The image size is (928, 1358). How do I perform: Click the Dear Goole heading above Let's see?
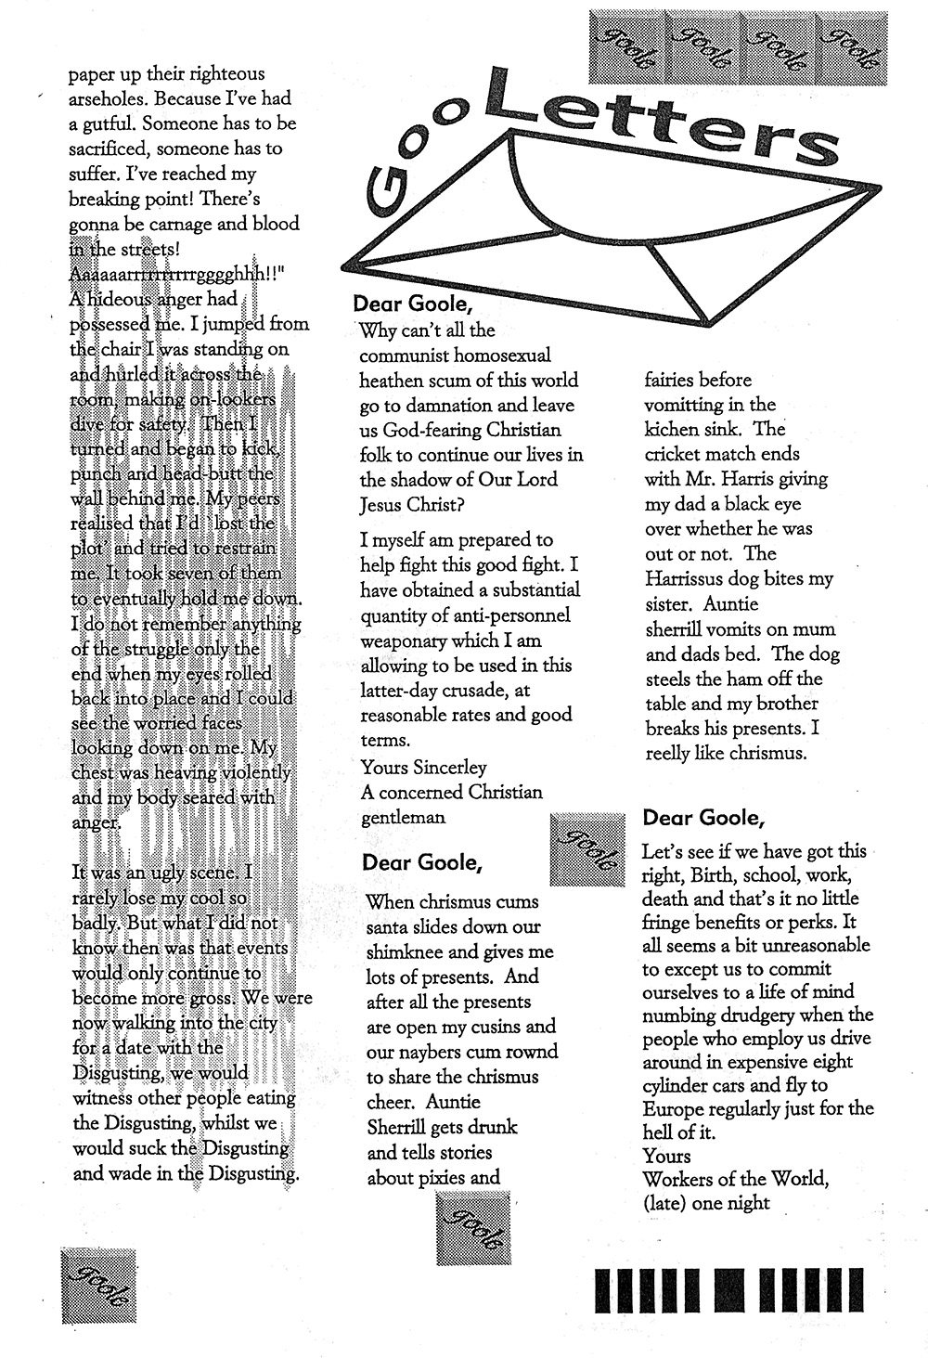tap(703, 818)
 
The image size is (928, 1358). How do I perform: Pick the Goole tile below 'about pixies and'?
tap(473, 1229)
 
